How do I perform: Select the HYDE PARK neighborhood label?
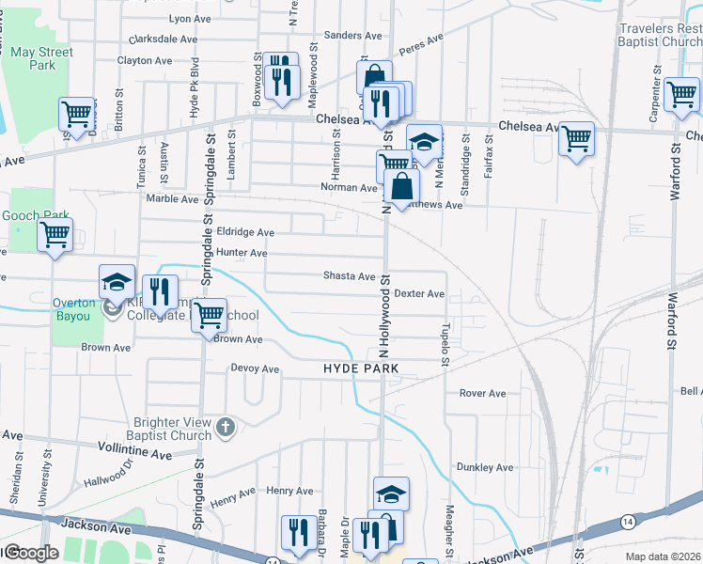click(361, 369)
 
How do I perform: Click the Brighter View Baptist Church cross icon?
click(224, 428)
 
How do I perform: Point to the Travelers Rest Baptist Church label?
click(660, 36)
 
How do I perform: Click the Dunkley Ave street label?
click(484, 467)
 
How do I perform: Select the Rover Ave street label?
click(482, 393)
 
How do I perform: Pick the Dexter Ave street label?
click(418, 293)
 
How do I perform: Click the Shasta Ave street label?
click(349, 276)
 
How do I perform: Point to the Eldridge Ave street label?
click(244, 231)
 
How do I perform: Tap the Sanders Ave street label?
click(352, 36)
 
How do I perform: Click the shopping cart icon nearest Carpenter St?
click(681, 93)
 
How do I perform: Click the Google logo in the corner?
click(30, 553)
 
